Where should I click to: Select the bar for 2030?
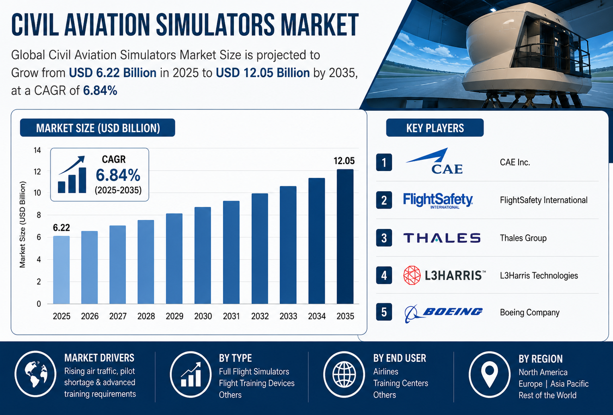203,255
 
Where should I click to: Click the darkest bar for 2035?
345,236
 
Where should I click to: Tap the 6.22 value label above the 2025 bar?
61,227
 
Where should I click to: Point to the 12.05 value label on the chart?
344,161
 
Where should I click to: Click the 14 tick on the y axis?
37,150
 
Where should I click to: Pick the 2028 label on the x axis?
146,316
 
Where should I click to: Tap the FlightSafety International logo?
438,200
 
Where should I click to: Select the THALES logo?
442,238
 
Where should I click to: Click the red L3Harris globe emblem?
412,275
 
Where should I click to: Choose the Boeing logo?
443,313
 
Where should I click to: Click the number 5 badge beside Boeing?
384,312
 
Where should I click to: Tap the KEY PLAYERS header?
435,128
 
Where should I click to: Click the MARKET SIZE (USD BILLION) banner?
97,128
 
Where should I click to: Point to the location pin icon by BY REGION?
490,374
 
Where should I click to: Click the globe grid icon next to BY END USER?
344,374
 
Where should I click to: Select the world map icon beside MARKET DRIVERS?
36,374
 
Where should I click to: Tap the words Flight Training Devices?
256,383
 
